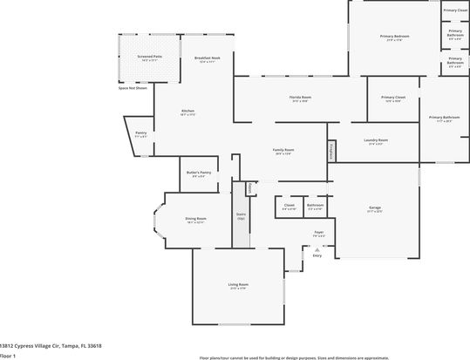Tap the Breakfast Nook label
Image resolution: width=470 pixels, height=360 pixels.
207,58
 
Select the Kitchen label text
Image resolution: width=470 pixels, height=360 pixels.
187,112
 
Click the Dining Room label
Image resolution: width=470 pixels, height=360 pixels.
195,219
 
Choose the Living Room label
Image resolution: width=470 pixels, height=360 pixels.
239,285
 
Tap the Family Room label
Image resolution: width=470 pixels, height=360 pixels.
283,151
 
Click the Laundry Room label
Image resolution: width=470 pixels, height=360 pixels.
378,140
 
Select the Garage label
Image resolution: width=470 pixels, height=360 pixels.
375,207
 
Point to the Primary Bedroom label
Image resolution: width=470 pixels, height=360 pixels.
392,37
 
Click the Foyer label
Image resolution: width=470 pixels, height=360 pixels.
319,233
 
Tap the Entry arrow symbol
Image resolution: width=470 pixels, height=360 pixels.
317,248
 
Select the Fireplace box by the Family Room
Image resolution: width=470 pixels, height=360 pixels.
331,152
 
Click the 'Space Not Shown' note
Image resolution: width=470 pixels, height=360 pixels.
133,88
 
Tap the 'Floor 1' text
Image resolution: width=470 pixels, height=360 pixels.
8,356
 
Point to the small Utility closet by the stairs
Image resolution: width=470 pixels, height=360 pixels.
250,187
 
